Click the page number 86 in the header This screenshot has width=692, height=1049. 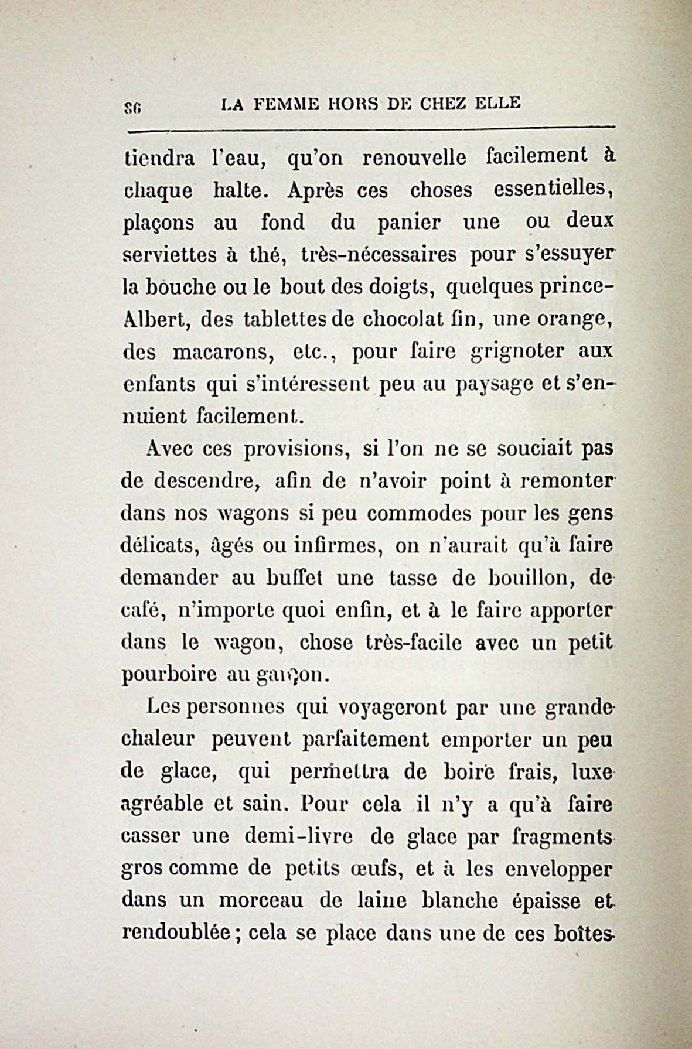[130, 107]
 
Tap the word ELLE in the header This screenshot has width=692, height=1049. [498, 103]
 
